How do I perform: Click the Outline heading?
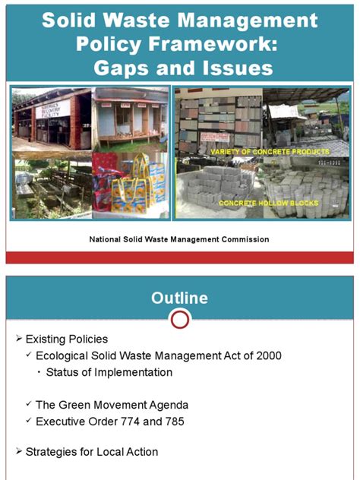pyautogui.click(x=179, y=298)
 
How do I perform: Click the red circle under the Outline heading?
pyautogui.click(x=180, y=319)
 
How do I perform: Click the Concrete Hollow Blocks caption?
pyautogui.click(x=269, y=204)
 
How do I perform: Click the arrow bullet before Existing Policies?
pyautogui.click(x=20, y=339)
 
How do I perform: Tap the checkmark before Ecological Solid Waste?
pyautogui.click(x=30, y=355)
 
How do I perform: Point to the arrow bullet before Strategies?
pyautogui.click(x=20, y=452)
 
